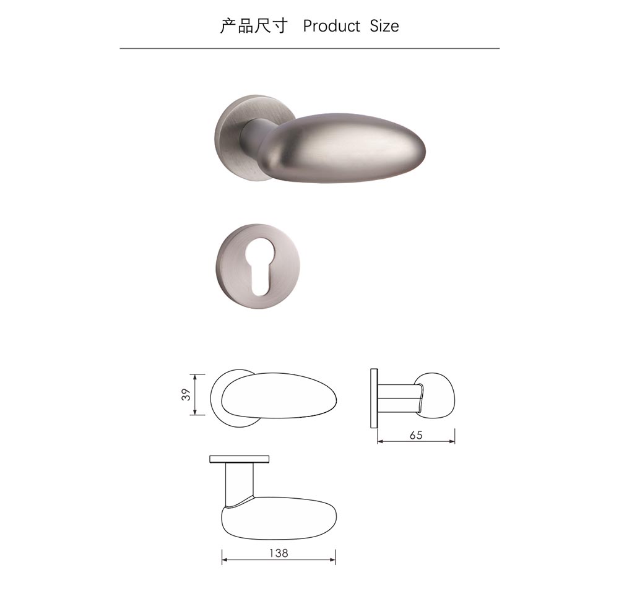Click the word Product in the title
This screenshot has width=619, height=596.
click(332, 26)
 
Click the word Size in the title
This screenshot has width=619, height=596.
click(384, 26)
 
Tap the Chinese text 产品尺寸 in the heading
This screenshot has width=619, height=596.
click(253, 26)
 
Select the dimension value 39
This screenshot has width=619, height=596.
click(186, 394)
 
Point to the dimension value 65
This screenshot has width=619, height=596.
click(416, 435)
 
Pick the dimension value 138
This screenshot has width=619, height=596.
click(279, 553)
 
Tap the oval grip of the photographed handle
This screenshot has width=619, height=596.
click(344, 148)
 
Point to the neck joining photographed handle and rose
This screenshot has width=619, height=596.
click(253, 137)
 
